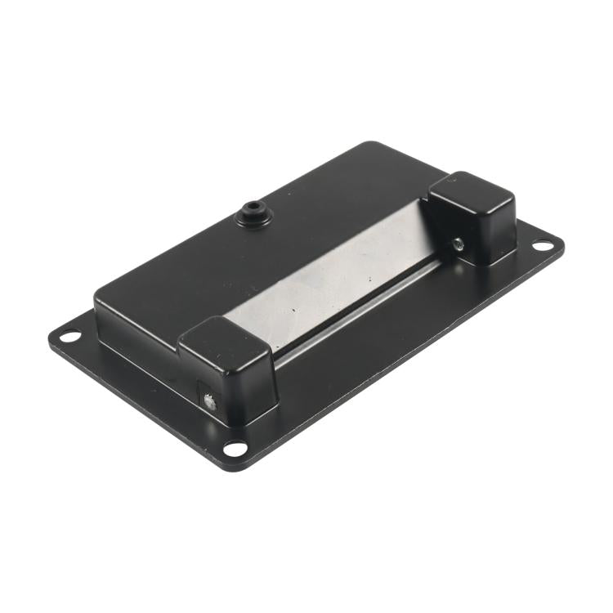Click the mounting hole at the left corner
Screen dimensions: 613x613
click(x=69, y=335)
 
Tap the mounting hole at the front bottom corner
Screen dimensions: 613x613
click(x=235, y=448)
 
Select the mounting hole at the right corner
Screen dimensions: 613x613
click(x=543, y=245)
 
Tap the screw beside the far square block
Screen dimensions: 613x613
click(x=458, y=243)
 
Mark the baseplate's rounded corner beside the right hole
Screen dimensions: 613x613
click(x=562, y=243)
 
